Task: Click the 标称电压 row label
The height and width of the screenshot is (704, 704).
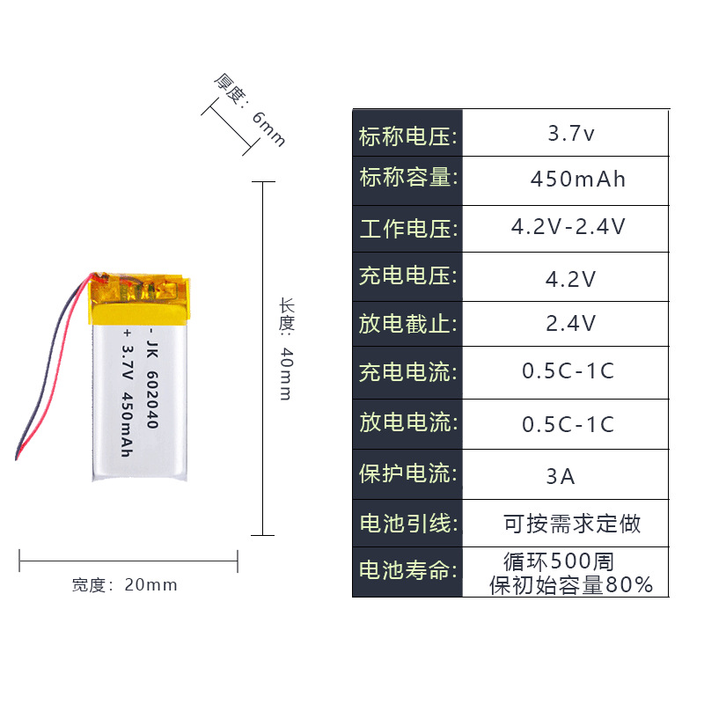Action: click(x=407, y=136)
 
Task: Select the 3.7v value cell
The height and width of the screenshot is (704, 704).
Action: click(x=571, y=135)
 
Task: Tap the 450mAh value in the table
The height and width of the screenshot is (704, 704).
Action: click(x=577, y=180)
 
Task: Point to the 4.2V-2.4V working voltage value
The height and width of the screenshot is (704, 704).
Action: click(x=568, y=227)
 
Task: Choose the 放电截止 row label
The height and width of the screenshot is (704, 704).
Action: click(x=407, y=323)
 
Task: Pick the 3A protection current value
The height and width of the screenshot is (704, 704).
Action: click(x=561, y=477)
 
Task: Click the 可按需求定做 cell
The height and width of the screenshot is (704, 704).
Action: click(x=572, y=524)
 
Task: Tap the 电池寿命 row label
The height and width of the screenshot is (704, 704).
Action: click(x=407, y=571)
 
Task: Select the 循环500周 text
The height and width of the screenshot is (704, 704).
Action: click(x=559, y=561)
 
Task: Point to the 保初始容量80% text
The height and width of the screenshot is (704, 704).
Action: click(x=571, y=584)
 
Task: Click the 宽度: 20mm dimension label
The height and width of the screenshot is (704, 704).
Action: click(x=124, y=585)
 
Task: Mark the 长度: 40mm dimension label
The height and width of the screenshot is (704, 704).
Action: click(x=286, y=348)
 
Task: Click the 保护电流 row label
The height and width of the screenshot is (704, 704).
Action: click(x=407, y=473)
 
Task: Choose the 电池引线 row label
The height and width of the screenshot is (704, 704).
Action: click(x=407, y=524)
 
